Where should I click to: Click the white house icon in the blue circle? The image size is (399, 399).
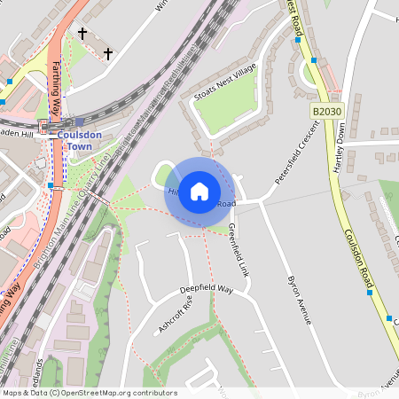199,191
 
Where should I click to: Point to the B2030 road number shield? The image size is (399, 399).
326,111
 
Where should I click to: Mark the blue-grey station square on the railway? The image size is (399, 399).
80,121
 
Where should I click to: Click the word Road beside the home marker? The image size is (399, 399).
227,204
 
